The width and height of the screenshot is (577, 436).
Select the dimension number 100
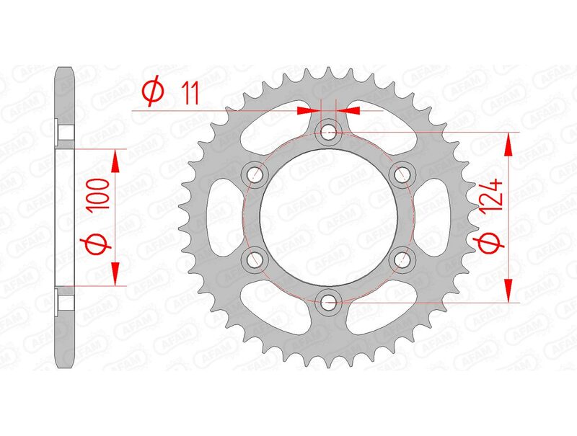(x=99, y=195)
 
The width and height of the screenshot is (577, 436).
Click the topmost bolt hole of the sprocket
(x=329, y=131)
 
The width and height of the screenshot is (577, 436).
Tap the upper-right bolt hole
(x=402, y=174)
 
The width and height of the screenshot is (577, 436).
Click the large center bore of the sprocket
(x=329, y=216)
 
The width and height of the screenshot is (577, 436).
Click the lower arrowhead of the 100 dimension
(x=113, y=273)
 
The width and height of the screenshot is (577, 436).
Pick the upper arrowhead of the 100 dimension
(x=113, y=161)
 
